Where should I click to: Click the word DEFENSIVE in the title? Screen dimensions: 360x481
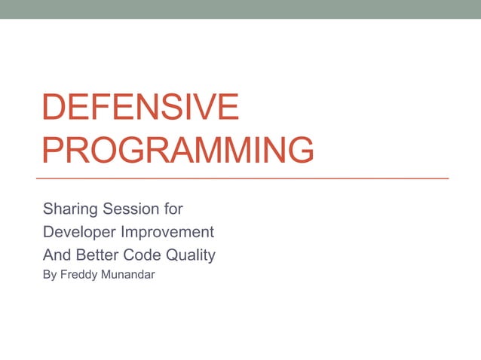pyautogui.click(x=140, y=108)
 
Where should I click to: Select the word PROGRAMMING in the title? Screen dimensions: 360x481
pyautogui.click(x=178, y=150)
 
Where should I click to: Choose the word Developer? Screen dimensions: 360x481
pyautogui.click(x=78, y=232)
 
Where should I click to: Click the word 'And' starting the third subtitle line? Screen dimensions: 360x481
pyautogui.click(x=56, y=255)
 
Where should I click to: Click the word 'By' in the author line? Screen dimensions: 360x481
pyautogui.click(x=51, y=276)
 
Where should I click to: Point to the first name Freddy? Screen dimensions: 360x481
pyautogui.click(x=81, y=276)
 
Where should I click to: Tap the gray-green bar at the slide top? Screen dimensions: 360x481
pyautogui.click(x=240, y=9)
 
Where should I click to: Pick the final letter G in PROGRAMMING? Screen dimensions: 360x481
pyautogui.click(x=299, y=150)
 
